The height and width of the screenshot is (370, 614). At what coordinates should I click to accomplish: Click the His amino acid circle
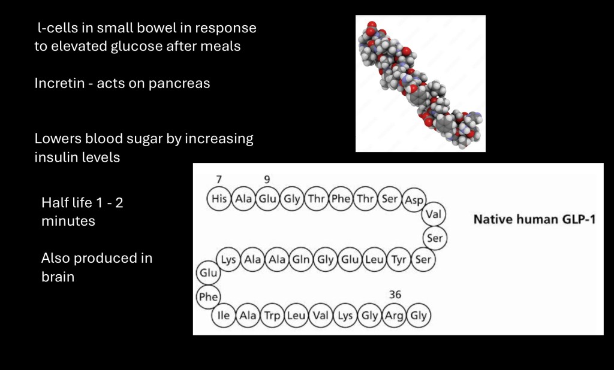click(x=219, y=199)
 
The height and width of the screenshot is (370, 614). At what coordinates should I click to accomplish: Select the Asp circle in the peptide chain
click(x=414, y=199)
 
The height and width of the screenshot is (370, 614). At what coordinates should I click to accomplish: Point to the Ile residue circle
click(x=224, y=315)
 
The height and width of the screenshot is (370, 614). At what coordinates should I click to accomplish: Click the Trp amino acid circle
click(x=272, y=315)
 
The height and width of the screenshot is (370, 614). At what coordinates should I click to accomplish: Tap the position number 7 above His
click(x=219, y=179)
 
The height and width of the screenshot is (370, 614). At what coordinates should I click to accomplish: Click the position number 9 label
click(x=267, y=179)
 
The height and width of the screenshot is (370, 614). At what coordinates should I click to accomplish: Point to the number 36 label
click(x=395, y=295)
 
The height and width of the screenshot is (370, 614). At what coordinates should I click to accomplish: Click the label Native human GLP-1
click(x=534, y=219)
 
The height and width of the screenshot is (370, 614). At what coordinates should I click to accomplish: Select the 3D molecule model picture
click(x=420, y=83)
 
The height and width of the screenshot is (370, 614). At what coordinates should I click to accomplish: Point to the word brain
click(x=58, y=277)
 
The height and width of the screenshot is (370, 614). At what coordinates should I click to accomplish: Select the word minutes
click(x=68, y=221)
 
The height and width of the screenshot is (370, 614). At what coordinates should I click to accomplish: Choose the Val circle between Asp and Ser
click(x=434, y=214)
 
